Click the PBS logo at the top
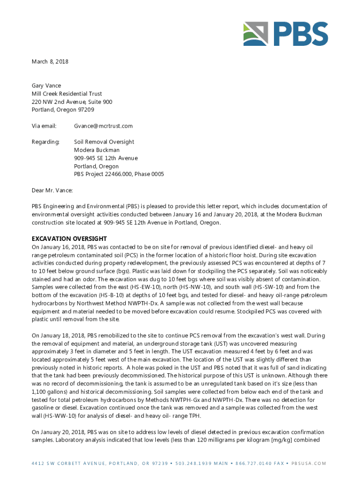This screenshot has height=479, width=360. point(285,34)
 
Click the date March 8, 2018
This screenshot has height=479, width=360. point(50,61)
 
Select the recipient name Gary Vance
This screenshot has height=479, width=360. point(46,86)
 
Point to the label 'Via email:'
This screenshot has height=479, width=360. point(44,126)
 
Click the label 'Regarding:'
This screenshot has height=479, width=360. point(45,142)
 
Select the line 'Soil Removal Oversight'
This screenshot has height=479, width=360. point(104,142)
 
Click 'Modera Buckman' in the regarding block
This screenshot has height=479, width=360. point(97,150)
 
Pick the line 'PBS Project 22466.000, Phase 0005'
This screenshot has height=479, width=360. point(119,174)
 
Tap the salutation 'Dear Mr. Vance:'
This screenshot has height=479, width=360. point(52,190)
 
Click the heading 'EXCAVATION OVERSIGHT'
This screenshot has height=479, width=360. point(69,239)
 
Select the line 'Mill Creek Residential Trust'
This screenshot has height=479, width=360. point(67,94)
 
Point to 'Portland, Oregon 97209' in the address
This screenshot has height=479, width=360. point(63,110)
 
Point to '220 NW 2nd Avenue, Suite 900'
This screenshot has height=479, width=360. point(72,102)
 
